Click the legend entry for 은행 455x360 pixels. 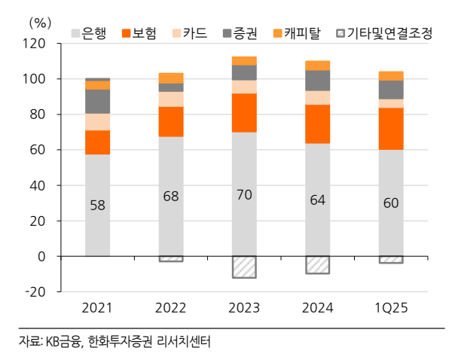[90, 32]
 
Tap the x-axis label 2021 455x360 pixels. [97, 309]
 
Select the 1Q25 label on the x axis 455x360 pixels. [391, 309]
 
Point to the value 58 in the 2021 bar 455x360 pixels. [97, 205]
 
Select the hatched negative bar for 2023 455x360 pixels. [244, 267]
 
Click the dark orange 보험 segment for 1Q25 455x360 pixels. [391, 129]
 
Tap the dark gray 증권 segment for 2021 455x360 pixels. [97, 101]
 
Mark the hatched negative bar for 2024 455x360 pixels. [318, 264]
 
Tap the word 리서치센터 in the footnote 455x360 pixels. [185, 342]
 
